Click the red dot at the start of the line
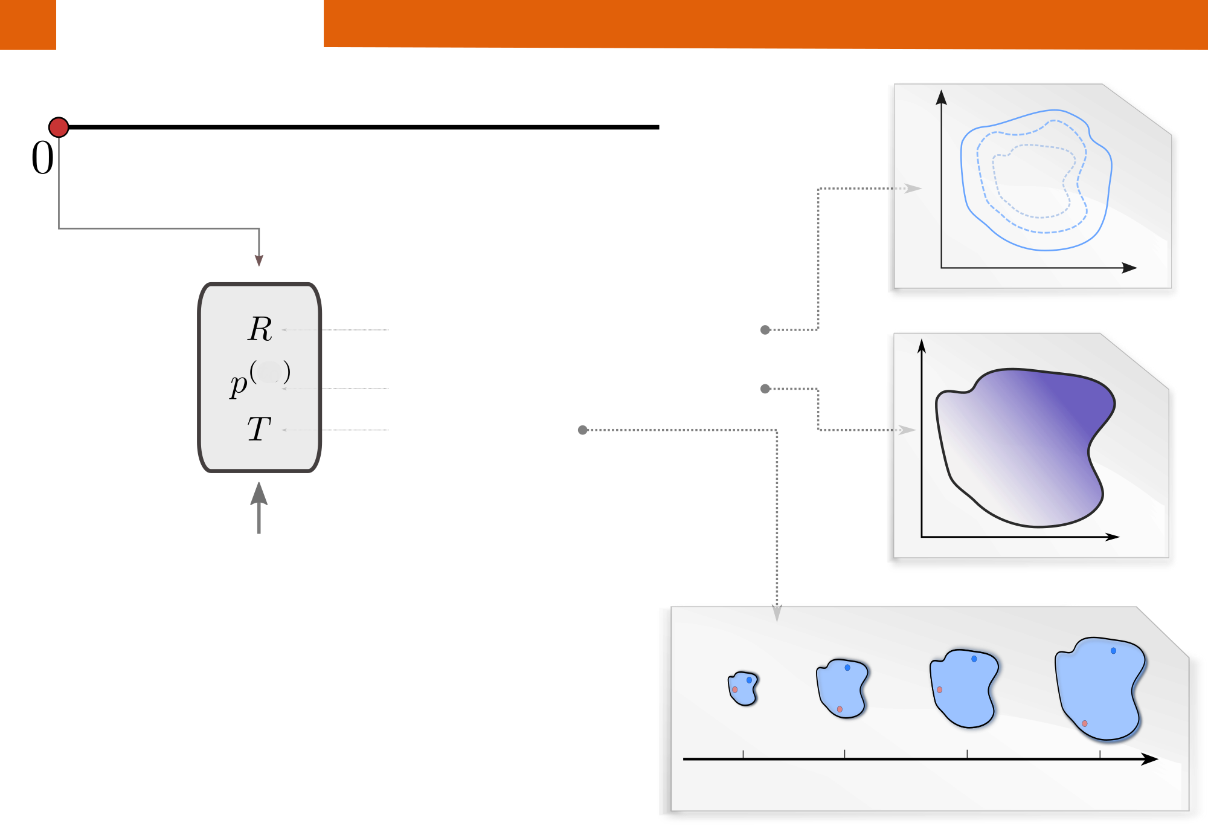tap(59, 127)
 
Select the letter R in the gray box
tap(260, 329)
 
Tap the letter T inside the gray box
tap(259, 430)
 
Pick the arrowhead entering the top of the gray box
tap(259, 260)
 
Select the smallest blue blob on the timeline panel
tap(743, 688)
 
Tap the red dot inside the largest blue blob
tap(1085, 723)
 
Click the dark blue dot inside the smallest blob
tap(749, 680)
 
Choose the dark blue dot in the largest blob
tap(1113, 651)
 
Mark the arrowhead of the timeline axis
tap(1150, 759)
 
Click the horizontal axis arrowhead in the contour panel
tap(1129, 268)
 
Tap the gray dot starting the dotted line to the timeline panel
tap(583, 430)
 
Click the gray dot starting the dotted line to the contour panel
tap(765, 330)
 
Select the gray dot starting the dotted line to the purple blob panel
tap(765, 389)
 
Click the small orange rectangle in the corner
tap(28, 24)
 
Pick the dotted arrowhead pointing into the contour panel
tap(913, 189)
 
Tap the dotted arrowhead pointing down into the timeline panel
tap(777, 613)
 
